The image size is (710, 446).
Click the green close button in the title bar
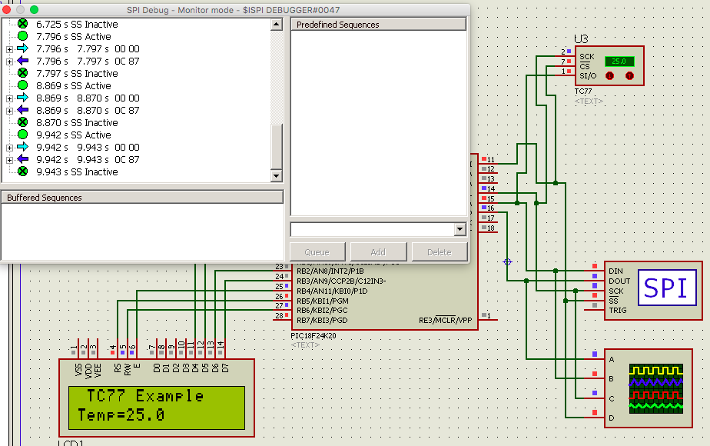[x=34, y=9]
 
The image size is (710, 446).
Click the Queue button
[x=317, y=252]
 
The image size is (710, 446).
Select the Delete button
[x=439, y=252]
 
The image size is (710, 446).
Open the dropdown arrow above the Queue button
[x=460, y=229]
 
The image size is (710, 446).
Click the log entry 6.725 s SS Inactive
[x=77, y=25]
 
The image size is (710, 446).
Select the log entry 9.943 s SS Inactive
[x=77, y=172]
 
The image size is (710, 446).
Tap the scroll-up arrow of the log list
[x=277, y=25]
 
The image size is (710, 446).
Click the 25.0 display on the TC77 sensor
[x=619, y=61]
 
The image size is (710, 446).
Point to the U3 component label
[x=581, y=38]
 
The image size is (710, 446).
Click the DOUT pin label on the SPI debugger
[x=619, y=281]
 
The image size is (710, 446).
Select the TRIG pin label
[x=618, y=311]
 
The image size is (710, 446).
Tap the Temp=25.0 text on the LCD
[x=121, y=415]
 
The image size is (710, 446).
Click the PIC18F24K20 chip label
[x=314, y=336]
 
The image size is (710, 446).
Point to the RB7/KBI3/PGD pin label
[x=321, y=320]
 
